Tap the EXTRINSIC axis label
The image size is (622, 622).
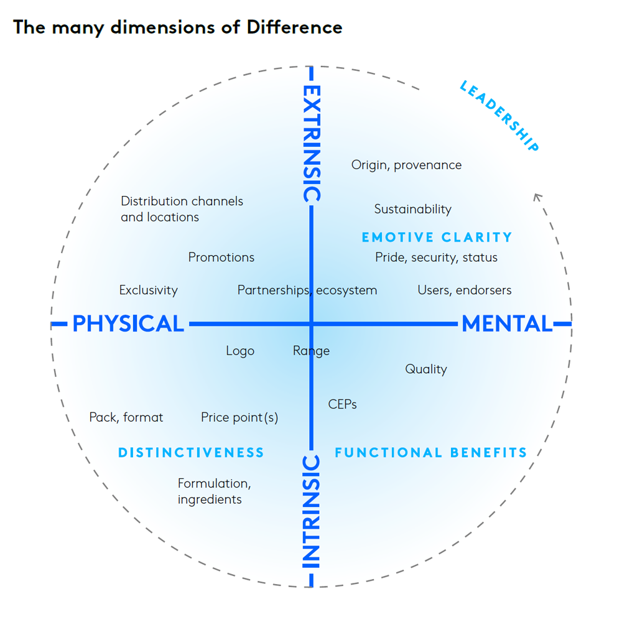(311, 143)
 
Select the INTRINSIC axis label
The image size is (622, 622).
(311, 511)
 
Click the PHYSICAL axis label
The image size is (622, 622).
(128, 324)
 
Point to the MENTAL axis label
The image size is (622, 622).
(507, 324)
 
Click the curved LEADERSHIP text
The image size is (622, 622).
(499, 116)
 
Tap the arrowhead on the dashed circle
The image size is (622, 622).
(537, 197)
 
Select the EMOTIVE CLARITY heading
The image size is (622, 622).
(437, 237)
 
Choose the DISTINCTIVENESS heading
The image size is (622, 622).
(191, 453)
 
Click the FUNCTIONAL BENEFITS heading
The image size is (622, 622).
(430, 453)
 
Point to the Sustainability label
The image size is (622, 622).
(412, 210)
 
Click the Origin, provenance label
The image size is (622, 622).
(406, 165)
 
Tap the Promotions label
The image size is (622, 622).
(221, 258)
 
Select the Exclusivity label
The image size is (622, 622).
(148, 290)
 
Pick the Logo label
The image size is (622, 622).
(240, 351)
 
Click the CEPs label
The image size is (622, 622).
(342, 405)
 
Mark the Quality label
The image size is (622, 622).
(426, 369)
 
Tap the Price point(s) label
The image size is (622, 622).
(239, 417)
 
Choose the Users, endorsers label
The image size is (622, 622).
(464, 290)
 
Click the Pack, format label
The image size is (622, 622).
(126, 417)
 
